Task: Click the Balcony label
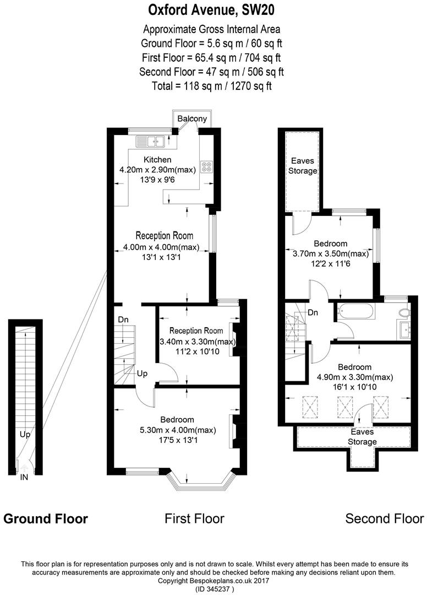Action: tap(193, 118)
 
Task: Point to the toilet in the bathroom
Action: tap(404, 312)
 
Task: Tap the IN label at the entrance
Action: tap(24, 477)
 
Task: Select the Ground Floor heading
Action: tap(46, 518)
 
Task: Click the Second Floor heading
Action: tap(385, 518)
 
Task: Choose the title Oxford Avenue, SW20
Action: tap(211, 10)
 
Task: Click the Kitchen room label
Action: tap(157, 160)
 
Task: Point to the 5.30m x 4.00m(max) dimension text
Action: tap(178, 430)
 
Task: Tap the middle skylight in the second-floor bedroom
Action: tap(345, 407)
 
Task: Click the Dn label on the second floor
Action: tap(313, 313)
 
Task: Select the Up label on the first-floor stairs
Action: tap(142, 374)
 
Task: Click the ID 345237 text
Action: tap(215, 589)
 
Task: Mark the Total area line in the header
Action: tap(212, 86)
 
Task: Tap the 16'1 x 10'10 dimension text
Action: tap(354, 387)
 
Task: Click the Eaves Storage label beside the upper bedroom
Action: tap(302, 166)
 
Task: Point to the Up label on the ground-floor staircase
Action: tap(25, 434)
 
